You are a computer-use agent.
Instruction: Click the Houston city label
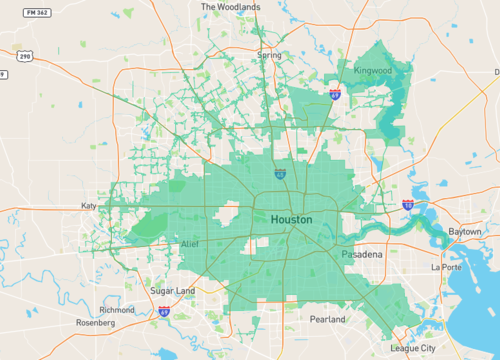[x=291, y=219]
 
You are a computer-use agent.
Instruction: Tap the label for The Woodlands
[x=230, y=6]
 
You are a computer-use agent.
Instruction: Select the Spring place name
[x=268, y=55]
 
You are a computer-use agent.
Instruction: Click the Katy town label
[x=88, y=206]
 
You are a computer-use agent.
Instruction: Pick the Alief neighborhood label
[x=190, y=244]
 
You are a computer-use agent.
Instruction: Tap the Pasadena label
[x=361, y=255]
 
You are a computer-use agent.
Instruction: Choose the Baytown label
[x=464, y=231]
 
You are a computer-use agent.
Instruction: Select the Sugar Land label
[x=172, y=290]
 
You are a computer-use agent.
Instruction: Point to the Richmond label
[x=117, y=310]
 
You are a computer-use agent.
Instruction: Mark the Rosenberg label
[x=96, y=323]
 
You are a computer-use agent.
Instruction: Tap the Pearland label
[x=327, y=320]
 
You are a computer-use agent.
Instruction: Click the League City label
[x=412, y=348]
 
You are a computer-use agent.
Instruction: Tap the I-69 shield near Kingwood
[x=335, y=94]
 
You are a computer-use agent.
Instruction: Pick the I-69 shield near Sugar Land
[x=163, y=312]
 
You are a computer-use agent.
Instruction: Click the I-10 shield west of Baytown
[x=408, y=204]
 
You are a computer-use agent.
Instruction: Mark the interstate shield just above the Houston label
[x=281, y=174]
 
